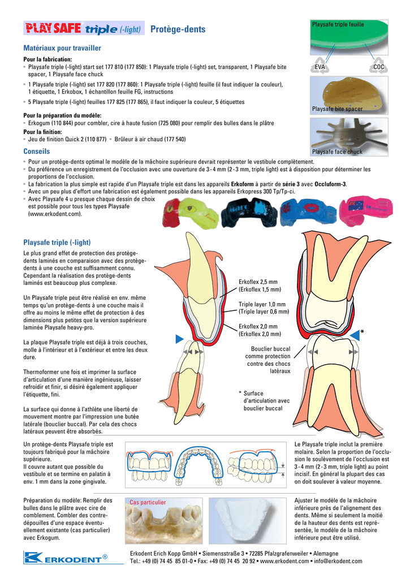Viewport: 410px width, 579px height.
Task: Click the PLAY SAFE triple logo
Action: [x=84, y=28]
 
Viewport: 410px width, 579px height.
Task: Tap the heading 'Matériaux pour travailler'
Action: [x=62, y=48]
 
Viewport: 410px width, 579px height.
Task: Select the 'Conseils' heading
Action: [x=37, y=152]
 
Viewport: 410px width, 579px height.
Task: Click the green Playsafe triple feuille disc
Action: [x=349, y=37]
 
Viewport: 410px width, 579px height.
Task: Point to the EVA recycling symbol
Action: [x=320, y=66]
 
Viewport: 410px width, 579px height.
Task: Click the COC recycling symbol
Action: [x=378, y=66]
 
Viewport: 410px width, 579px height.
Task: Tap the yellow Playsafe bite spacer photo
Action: [x=349, y=95]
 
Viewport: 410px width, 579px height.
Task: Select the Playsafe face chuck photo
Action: [x=349, y=137]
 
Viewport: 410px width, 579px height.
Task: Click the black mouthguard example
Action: [x=249, y=213]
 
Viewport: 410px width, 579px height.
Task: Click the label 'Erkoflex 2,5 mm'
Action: [x=258, y=282]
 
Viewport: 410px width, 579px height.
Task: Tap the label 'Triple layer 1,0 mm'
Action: [x=262, y=304]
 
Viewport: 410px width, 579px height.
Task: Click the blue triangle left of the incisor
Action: [x=179, y=339]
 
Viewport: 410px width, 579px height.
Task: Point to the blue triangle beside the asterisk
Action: [x=355, y=335]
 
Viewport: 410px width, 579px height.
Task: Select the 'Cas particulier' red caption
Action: [x=148, y=502]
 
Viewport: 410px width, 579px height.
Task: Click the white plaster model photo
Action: [x=248, y=521]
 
